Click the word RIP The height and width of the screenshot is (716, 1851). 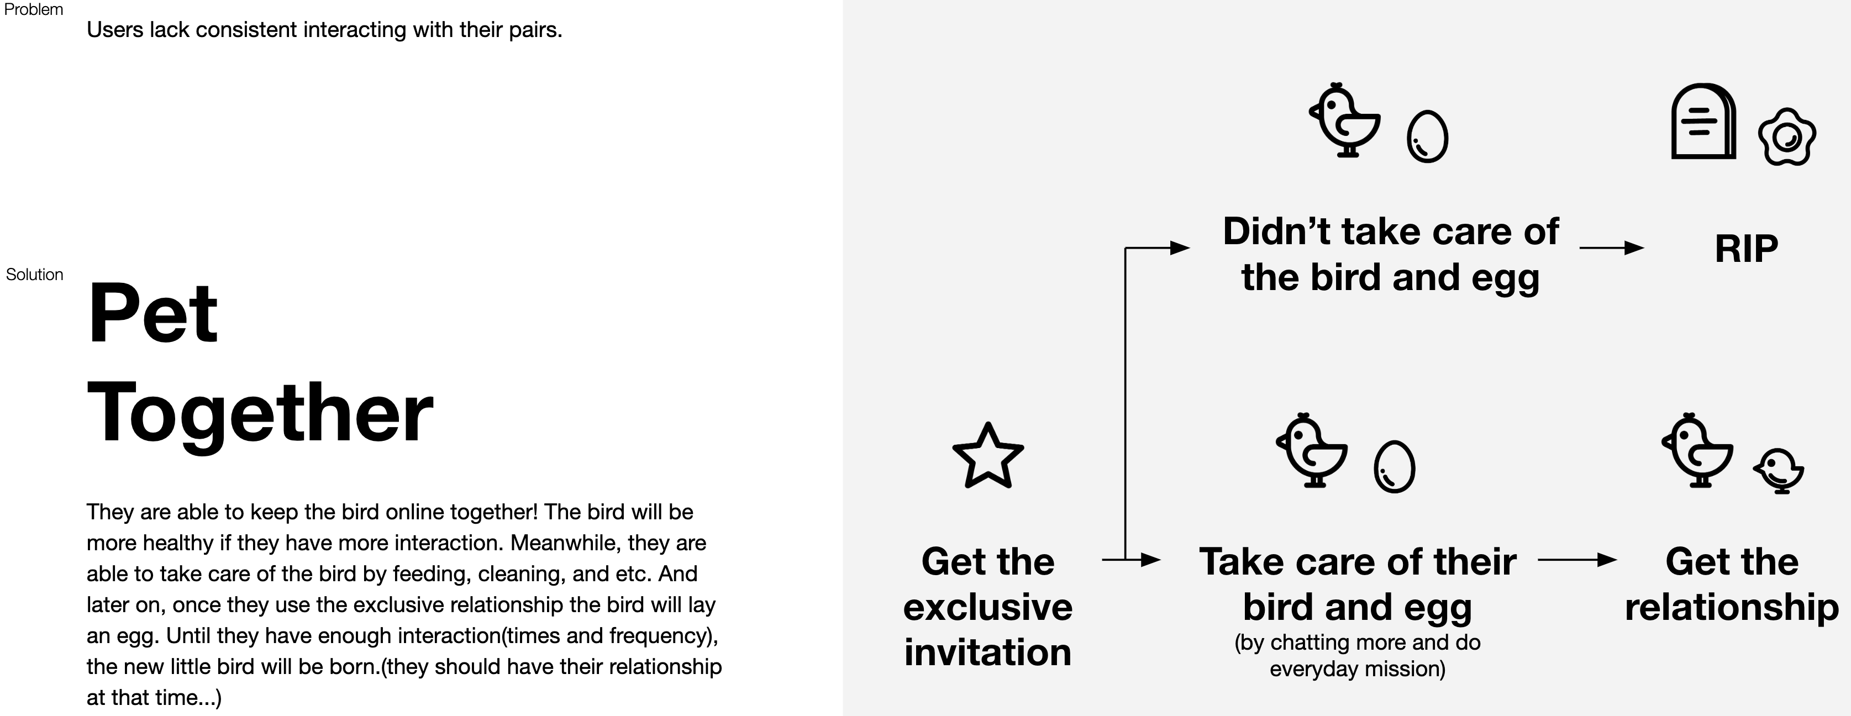1746,249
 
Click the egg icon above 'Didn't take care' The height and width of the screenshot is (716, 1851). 1427,136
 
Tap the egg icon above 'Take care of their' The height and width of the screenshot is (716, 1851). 1394,466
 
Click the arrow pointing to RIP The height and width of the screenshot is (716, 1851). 1611,248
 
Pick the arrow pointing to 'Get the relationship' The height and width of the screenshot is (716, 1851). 1577,560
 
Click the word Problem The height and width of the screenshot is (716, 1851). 33,9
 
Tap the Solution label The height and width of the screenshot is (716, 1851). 34,275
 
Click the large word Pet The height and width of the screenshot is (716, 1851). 153,313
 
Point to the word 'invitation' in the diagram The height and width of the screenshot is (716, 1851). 987,652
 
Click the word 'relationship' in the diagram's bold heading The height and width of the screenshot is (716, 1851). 1731,607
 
